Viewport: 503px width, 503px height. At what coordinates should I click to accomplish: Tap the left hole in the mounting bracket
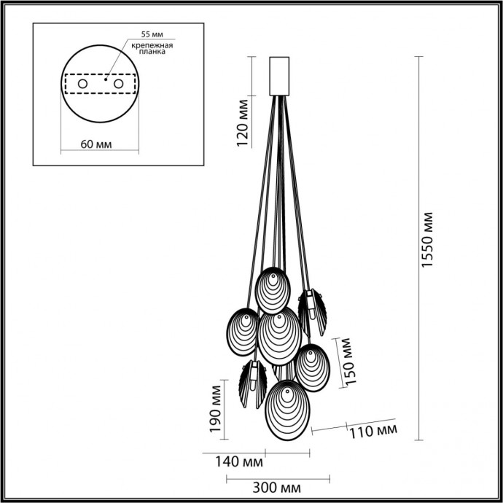coord(82,85)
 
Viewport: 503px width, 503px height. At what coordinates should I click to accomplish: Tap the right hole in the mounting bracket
coord(117,85)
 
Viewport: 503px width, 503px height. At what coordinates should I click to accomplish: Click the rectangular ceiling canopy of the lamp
coord(280,75)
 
